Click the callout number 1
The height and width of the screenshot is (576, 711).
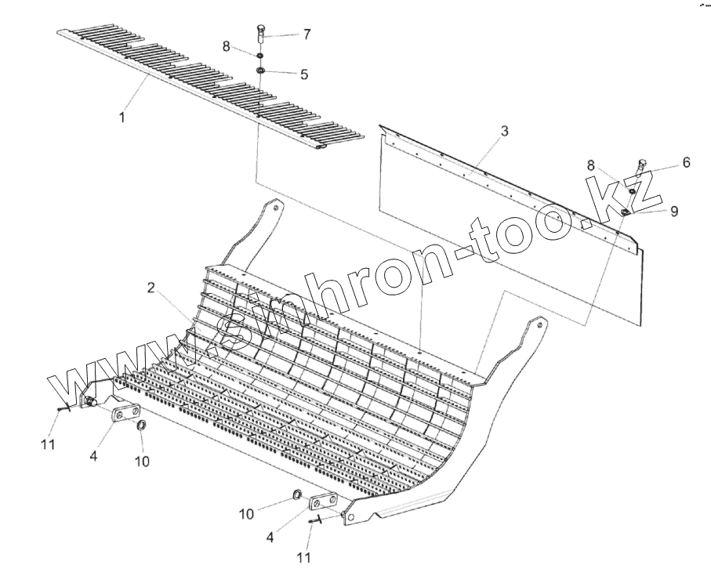pyautogui.click(x=122, y=118)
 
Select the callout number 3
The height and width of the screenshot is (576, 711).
pyautogui.click(x=505, y=131)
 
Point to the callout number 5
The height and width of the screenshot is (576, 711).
pyautogui.click(x=305, y=75)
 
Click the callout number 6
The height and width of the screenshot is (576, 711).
pyautogui.click(x=687, y=162)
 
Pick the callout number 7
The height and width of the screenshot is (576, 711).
pyautogui.click(x=307, y=34)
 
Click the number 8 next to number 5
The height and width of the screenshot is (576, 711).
pyautogui.click(x=226, y=46)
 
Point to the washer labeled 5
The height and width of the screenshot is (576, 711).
pyautogui.click(x=260, y=72)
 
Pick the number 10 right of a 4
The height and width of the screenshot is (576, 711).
pyautogui.click(x=142, y=462)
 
